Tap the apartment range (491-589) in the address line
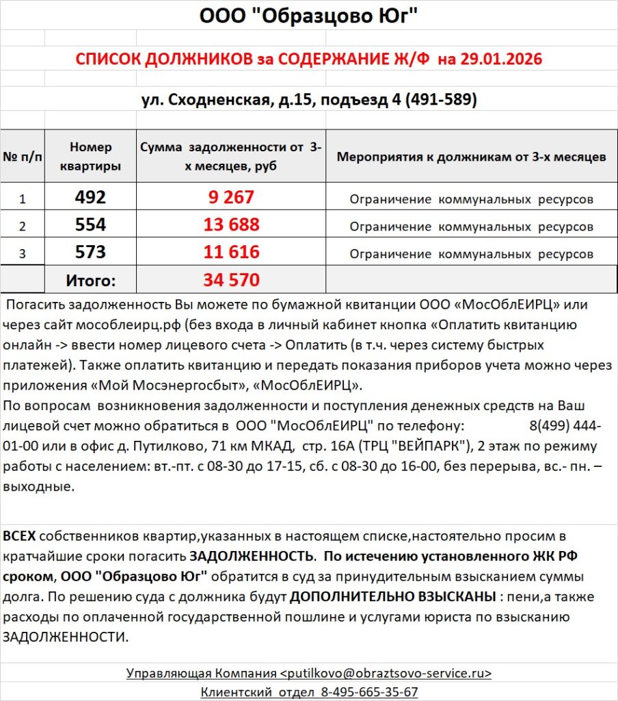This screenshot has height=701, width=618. pyautogui.click(x=441, y=100)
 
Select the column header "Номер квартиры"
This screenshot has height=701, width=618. pyautogui.click(x=90, y=157)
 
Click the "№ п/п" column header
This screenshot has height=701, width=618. pyautogui.click(x=22, y=157)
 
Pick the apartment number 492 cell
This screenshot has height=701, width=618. pyautogui.click(x=90, y=198)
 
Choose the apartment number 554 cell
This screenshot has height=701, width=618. pyautogui.click(x=90, y=225)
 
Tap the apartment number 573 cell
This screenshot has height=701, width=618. pyautogui.click(x=90, y=253)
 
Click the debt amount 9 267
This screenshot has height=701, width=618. pyautogui.click(x=231, y=198)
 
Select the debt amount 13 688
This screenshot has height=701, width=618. pyautogui.click(x=231, y=225)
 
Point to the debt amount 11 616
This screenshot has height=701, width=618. pyautogui.click(x=231, y=253)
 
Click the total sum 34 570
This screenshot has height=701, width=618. pyautogui.click(x=231, y=280)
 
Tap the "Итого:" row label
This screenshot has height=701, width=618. pyautogui.click(x=90, y=280)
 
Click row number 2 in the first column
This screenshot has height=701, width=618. pyautogui.click(x=22, y=227)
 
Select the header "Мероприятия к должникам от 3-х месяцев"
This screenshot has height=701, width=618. pyautogui.click(x=471, y=157)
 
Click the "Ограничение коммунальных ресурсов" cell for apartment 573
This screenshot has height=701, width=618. pyautogui.click(x=471, y=254)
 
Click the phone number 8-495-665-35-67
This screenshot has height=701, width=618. pyautogui.click(x=369, y=692)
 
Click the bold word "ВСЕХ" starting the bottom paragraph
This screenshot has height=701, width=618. pyautogui.click(x=19, y=536)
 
